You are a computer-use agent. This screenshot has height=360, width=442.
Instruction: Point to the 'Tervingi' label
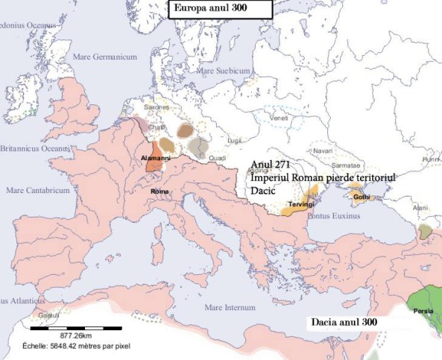[x=299, y=203]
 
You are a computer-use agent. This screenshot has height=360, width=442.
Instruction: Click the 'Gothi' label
[x=362, y=197]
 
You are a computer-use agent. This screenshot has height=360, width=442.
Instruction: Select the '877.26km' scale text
[x=77, y=337]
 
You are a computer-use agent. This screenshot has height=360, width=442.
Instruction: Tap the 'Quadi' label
[x=217, y=157]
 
